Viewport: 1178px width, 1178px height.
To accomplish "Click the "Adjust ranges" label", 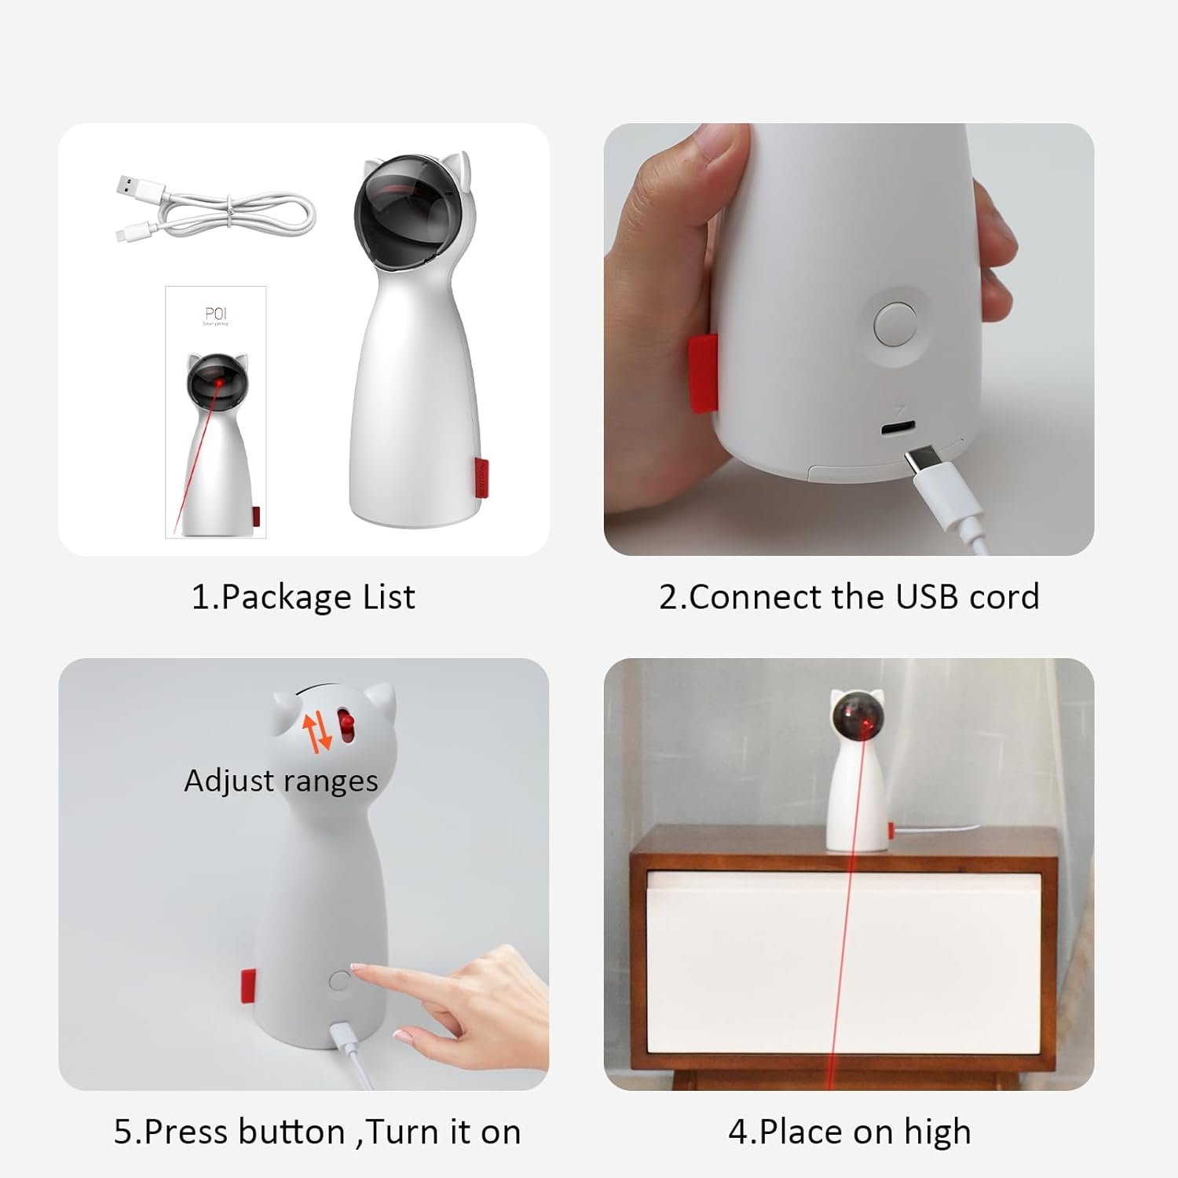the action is point(281,781).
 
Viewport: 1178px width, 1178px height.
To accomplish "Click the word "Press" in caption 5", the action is point(186,1132).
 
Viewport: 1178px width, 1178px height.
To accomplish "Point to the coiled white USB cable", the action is point(214,207).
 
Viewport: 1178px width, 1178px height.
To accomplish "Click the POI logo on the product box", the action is point(215,314).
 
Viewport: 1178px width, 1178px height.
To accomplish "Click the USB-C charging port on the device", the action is point(898,430).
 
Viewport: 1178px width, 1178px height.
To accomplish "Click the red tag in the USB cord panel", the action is point(703,372).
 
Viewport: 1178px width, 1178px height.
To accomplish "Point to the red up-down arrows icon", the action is point(319,733).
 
